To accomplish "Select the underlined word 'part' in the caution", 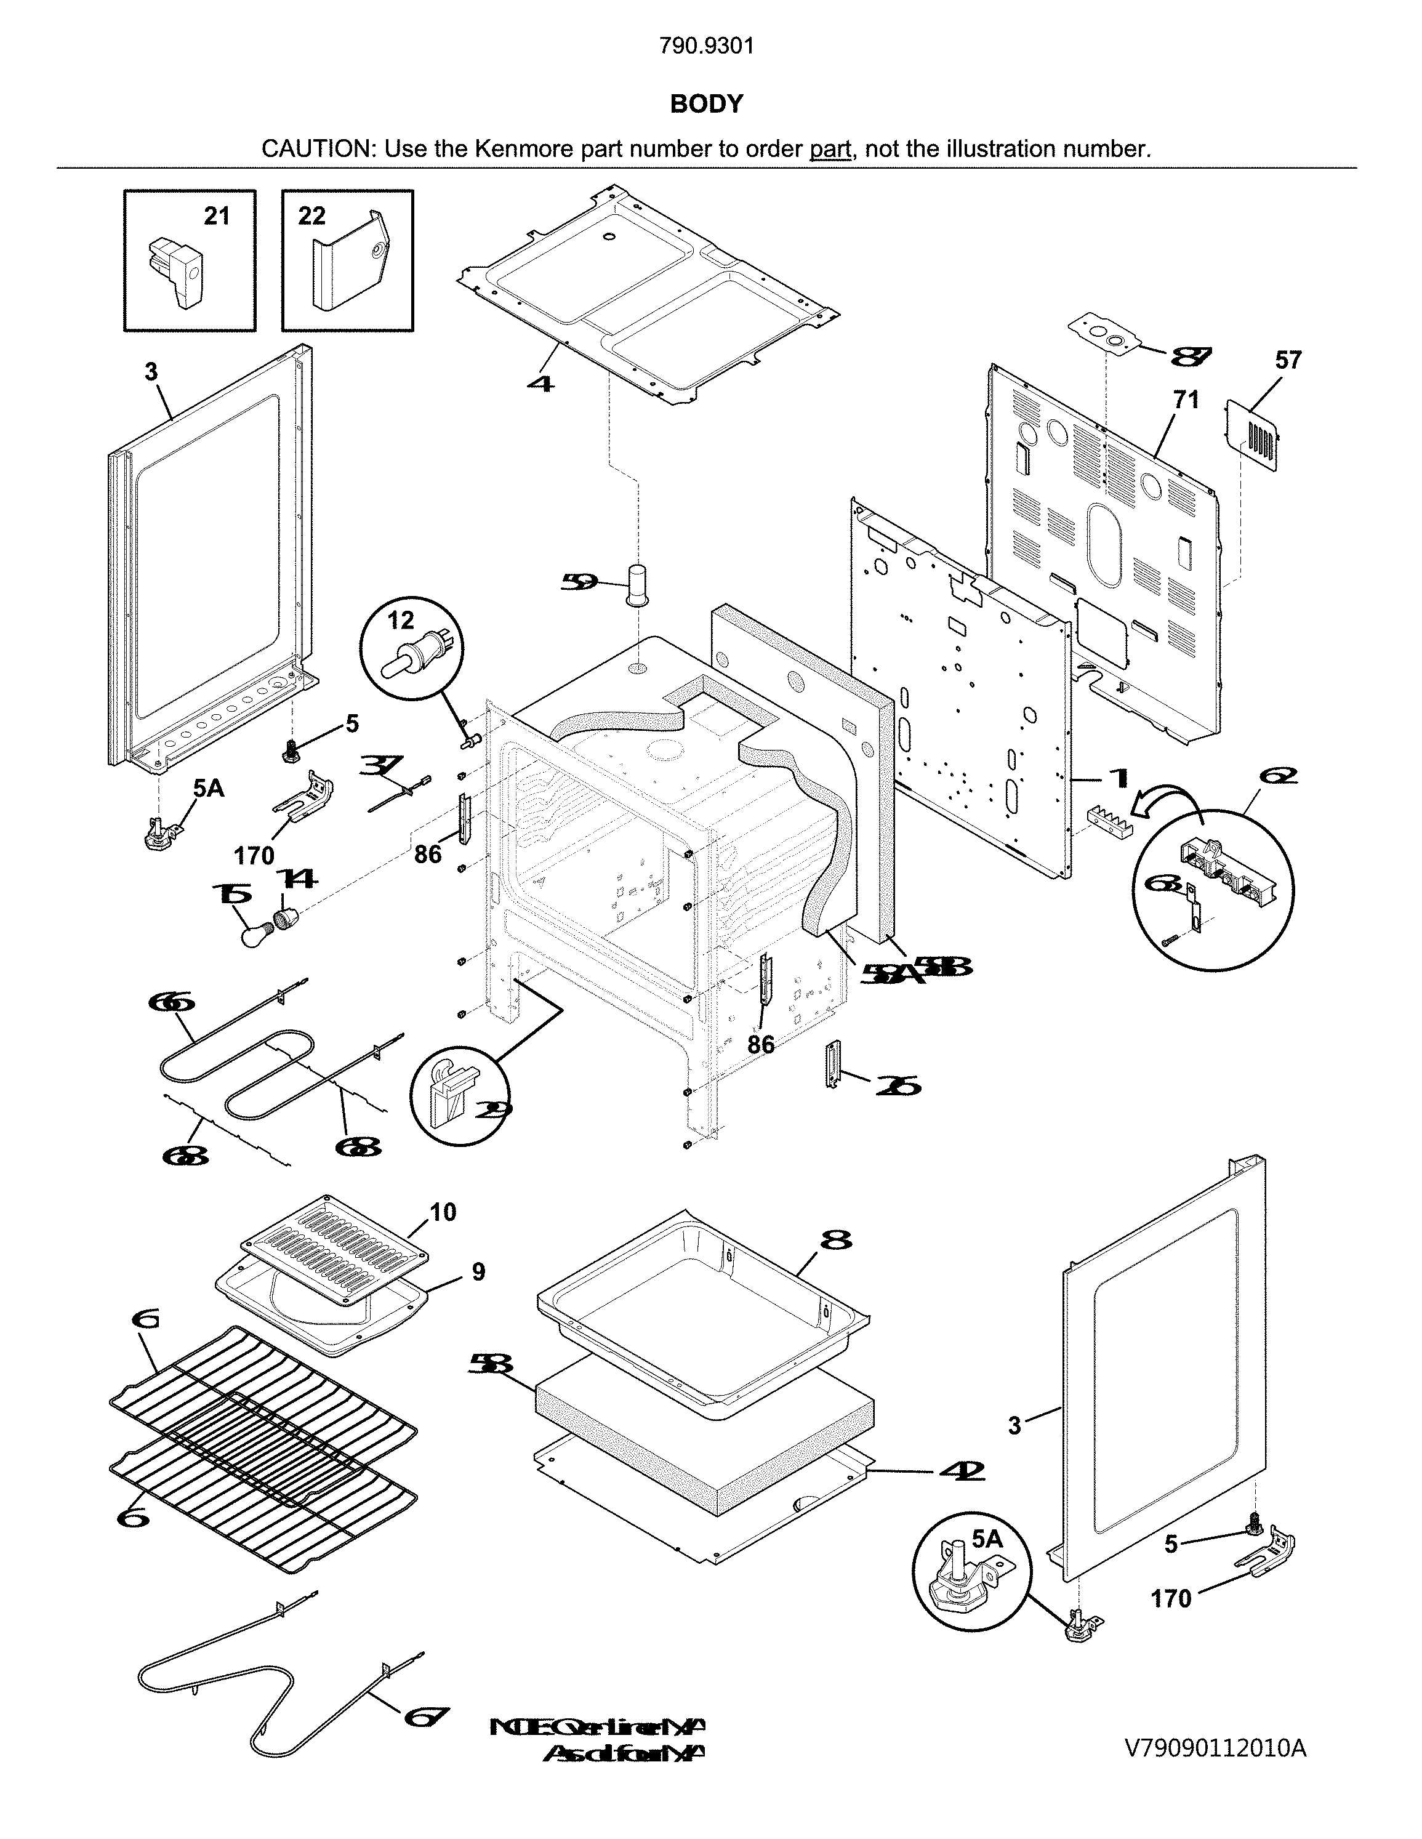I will (830, 149).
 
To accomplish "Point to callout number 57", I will (1287, 360).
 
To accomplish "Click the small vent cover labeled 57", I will (1253, 435).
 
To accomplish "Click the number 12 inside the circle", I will (401, 621).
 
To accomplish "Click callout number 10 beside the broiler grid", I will (443, 1212).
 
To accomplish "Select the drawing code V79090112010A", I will (1215, 1748).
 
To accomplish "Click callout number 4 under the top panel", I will (540, 383).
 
